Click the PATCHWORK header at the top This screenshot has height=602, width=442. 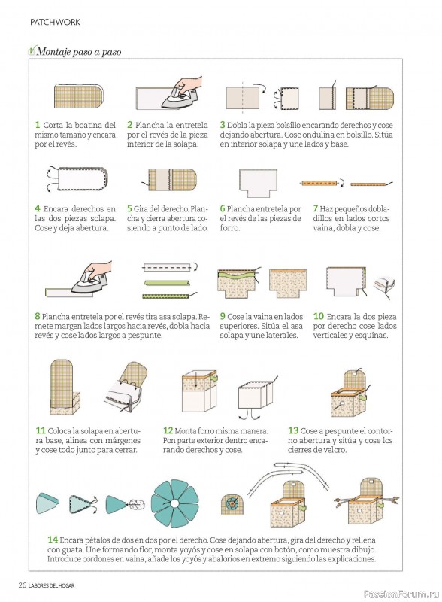pos(56,23)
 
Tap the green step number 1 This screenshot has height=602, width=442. pos(38,125)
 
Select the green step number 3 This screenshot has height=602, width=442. pos(223,125)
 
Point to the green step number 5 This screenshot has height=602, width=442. pos(130,208)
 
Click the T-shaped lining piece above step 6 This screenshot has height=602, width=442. pos(258,182)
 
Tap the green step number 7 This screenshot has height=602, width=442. pos(316,208)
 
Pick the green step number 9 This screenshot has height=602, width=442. pos(223,316)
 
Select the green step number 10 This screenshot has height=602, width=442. pos(319,316)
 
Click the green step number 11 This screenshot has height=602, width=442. pos(41,430)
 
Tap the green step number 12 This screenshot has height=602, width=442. pos(168,430)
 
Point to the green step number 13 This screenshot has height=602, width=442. pos(293,430)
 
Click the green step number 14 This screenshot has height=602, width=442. pos(53,540)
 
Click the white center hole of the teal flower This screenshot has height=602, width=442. pos(174,503)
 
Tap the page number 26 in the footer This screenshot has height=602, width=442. pos(23,585)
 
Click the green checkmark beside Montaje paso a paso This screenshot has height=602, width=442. pos(32,50)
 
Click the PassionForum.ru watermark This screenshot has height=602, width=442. pos(401,594)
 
